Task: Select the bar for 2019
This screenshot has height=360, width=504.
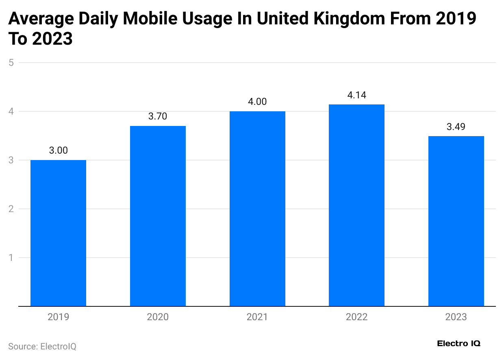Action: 58,233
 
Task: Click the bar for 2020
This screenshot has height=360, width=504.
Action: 158,216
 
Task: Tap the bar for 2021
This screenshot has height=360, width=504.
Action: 257,208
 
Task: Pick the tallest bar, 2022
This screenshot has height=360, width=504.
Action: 356,205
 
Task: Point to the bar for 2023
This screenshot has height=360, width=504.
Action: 456,221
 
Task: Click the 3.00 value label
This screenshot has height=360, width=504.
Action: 58,150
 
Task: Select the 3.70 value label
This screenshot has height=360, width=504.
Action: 158,116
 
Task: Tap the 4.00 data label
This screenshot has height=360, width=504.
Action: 257,102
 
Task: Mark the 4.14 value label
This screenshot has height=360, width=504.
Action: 356,95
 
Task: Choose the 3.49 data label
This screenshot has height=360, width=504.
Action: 456,127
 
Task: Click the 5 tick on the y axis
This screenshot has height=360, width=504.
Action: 11,63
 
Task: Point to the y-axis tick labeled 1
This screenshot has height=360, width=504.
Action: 11,258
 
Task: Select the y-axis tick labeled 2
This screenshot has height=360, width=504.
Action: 11,209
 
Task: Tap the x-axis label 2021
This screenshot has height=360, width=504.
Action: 257,317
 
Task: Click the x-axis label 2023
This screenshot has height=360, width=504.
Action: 456,317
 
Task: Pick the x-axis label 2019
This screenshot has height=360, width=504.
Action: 58,317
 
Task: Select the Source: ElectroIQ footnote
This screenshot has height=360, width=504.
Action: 42,347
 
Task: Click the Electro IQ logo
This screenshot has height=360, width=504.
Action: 458,344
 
